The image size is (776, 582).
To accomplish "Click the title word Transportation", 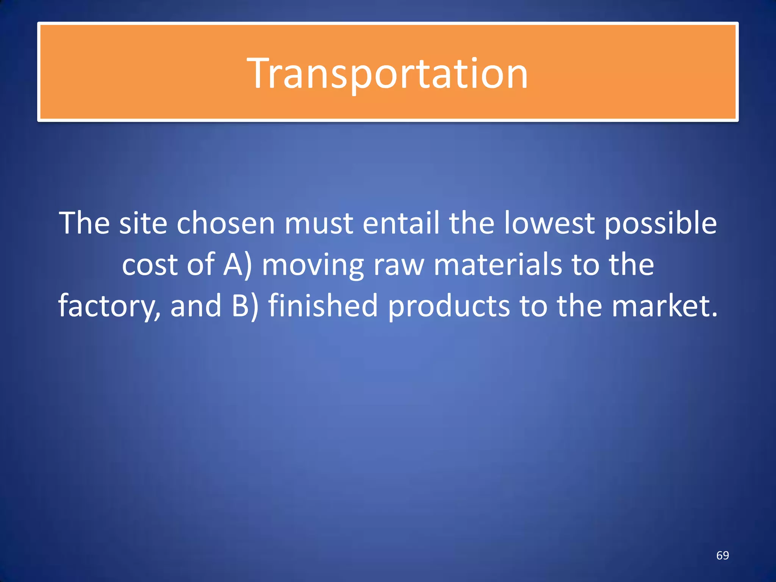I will (x=387, y=74).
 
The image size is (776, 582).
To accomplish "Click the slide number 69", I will (x=722, y=555).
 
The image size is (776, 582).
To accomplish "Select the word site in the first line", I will (x=143, y=223).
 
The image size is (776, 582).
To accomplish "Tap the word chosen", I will (x=225, y=223).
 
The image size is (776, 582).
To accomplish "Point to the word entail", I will (x=401, y=223).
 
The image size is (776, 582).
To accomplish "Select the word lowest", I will (x=549, y=223).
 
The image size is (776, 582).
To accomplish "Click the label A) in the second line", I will (x=237, y=264).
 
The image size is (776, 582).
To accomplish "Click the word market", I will (x=664, y=305).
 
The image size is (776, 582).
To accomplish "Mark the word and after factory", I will (x=196, y=305).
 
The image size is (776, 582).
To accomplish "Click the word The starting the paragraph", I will (x=84, y=223).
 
